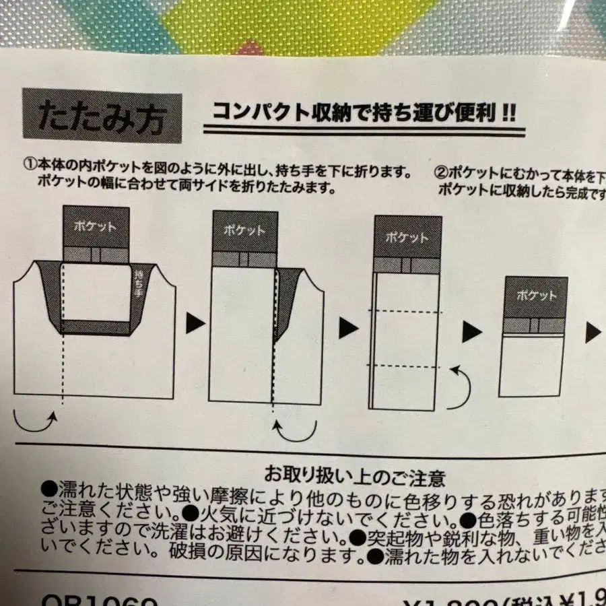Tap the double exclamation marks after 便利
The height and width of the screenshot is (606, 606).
(x=506, y=112)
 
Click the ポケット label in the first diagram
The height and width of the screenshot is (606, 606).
(x=95, y=226)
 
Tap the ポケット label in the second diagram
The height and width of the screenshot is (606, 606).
(x=244, y=230)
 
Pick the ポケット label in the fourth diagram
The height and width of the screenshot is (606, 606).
(x=535, y=295)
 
